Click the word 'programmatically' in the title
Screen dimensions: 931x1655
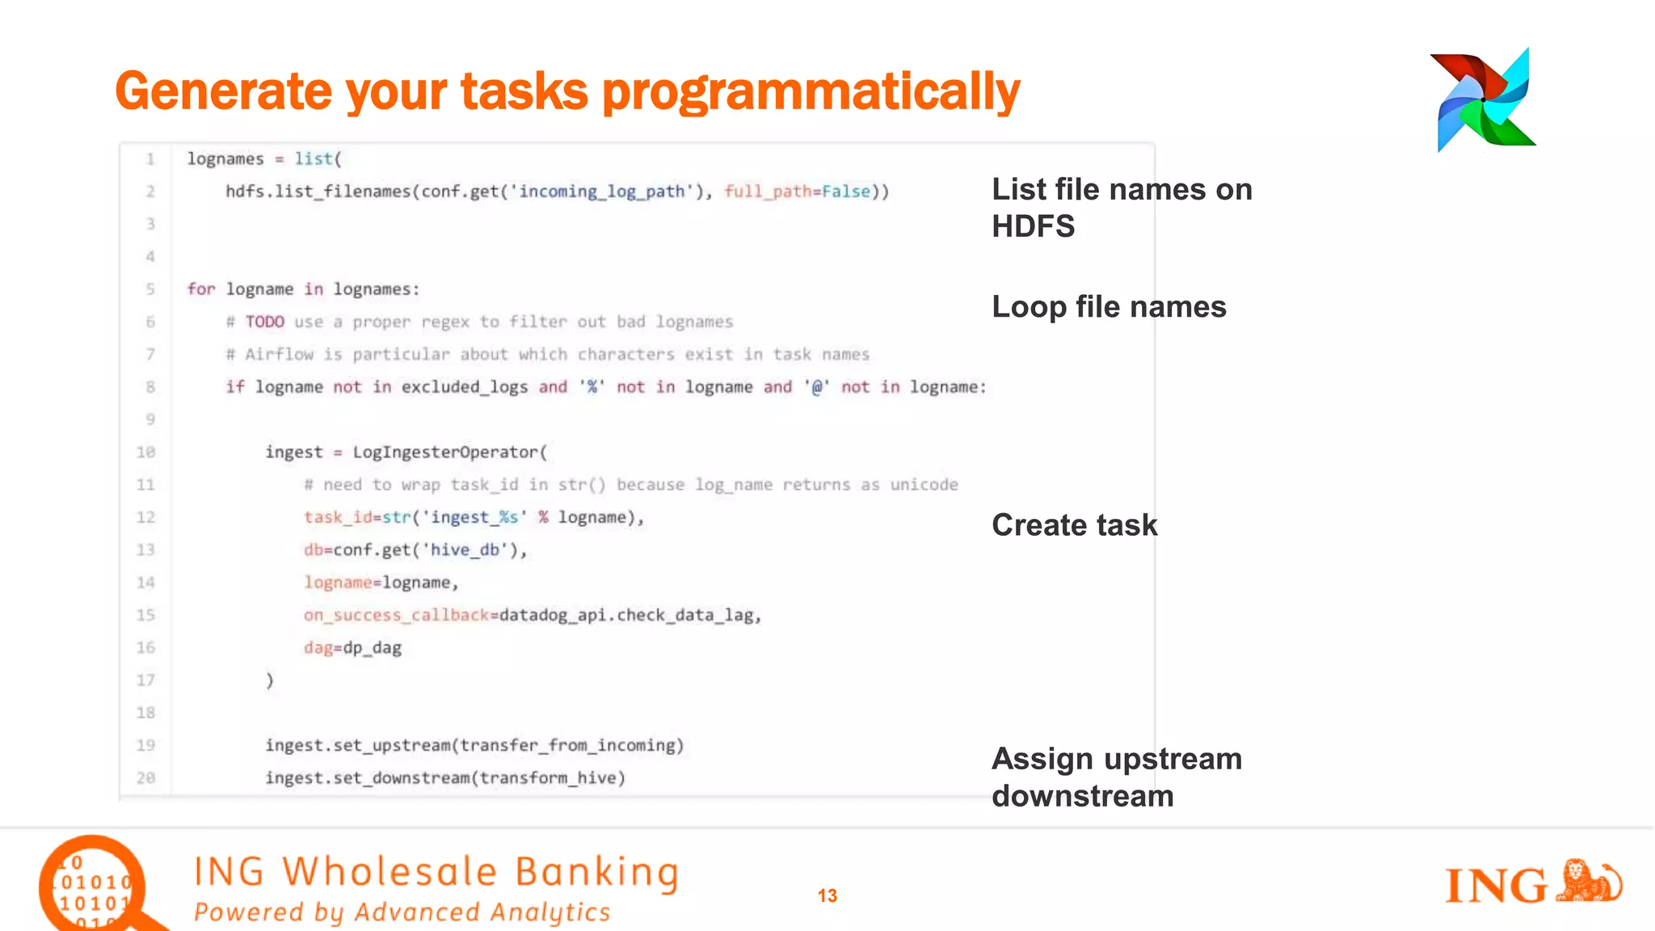pyautogui.click(x=811, y=91)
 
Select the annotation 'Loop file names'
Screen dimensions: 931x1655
pyautogui.click(x=1109, y=307)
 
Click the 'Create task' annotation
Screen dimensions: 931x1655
pyautogui.click(x=1074, y=525)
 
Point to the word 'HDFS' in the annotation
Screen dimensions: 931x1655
pyautogui.click(x=1033, y=226)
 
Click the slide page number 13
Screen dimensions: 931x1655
pyautogui.click(x=827, y=895)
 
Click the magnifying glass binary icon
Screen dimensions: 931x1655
pyautogui.click(x=93, y=886)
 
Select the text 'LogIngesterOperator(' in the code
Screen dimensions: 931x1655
pyautogui.click(x=449, y=452)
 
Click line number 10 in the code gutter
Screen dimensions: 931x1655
pyautogui.click(x=145, y=452)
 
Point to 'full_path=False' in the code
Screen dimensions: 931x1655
pyautogui.click(x=797, y=192)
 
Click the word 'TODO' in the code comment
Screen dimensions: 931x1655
pyautogui.click(x=264, y=322)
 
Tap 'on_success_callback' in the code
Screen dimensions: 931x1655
pyautogui.click(x=396, y=615)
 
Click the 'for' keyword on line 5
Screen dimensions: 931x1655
pyautogui.click(x=201, y=289)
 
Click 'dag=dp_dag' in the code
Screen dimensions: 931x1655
pyautogui.click(x=352, y=647)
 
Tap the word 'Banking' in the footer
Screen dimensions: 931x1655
pyautogui.click(x=596, y=872)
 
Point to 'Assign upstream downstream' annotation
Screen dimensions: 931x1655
pyautogui.click(x=1116, y=777)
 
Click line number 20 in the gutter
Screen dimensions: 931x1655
pyautogui.click(x=145, y=777)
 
